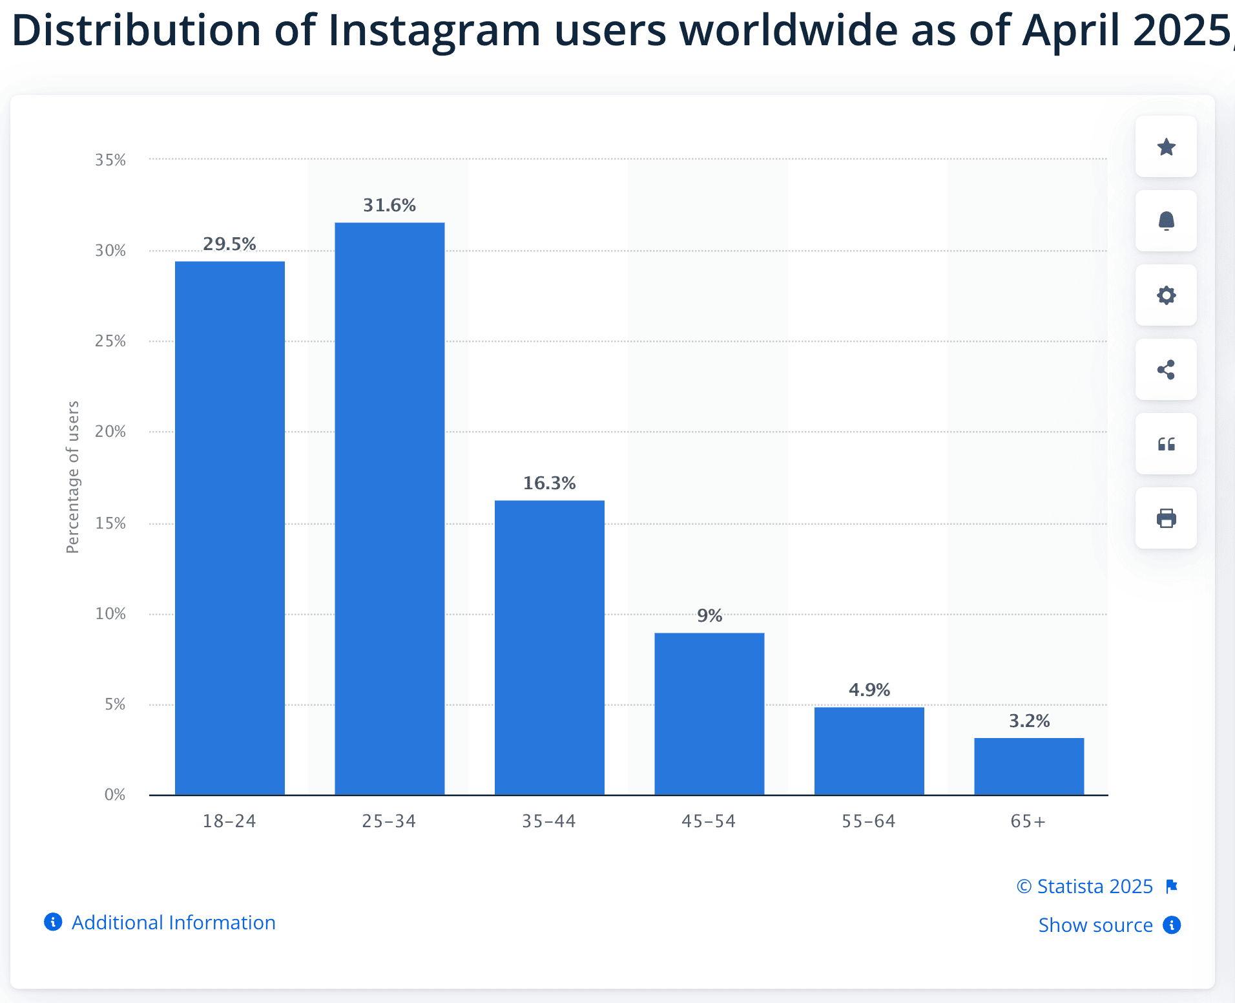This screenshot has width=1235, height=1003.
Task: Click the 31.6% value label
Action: click(x=389, y=206)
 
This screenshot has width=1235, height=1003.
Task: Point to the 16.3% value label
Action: click(x=549, y=483)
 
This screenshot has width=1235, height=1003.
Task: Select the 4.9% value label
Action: click(x=869, y=690)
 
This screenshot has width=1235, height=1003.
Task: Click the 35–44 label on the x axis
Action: click(x=549, y=821)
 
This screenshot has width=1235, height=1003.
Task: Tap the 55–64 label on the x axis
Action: click(x=869, y=821)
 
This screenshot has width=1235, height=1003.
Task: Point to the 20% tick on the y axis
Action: click(x=110, y=432)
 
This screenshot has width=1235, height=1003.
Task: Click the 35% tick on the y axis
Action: click(x=110, y=160)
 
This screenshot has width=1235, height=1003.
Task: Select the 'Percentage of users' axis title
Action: click(x=73, y=477)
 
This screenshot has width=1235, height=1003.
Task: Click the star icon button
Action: click(x=1166, y=147)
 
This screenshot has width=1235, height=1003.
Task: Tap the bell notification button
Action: click(x=1166, y=221)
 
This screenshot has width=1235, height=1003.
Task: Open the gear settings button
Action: click(x=1166, y=295)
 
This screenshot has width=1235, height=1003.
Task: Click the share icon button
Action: click(x=1166, y=370)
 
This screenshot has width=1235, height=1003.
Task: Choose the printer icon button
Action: click(x=1166, y=518)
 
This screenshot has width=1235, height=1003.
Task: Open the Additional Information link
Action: click(x=173, y=922)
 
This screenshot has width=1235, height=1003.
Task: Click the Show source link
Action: click(x=1095, y=925)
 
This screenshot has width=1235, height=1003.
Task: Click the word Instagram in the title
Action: click(x=434, y=31)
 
